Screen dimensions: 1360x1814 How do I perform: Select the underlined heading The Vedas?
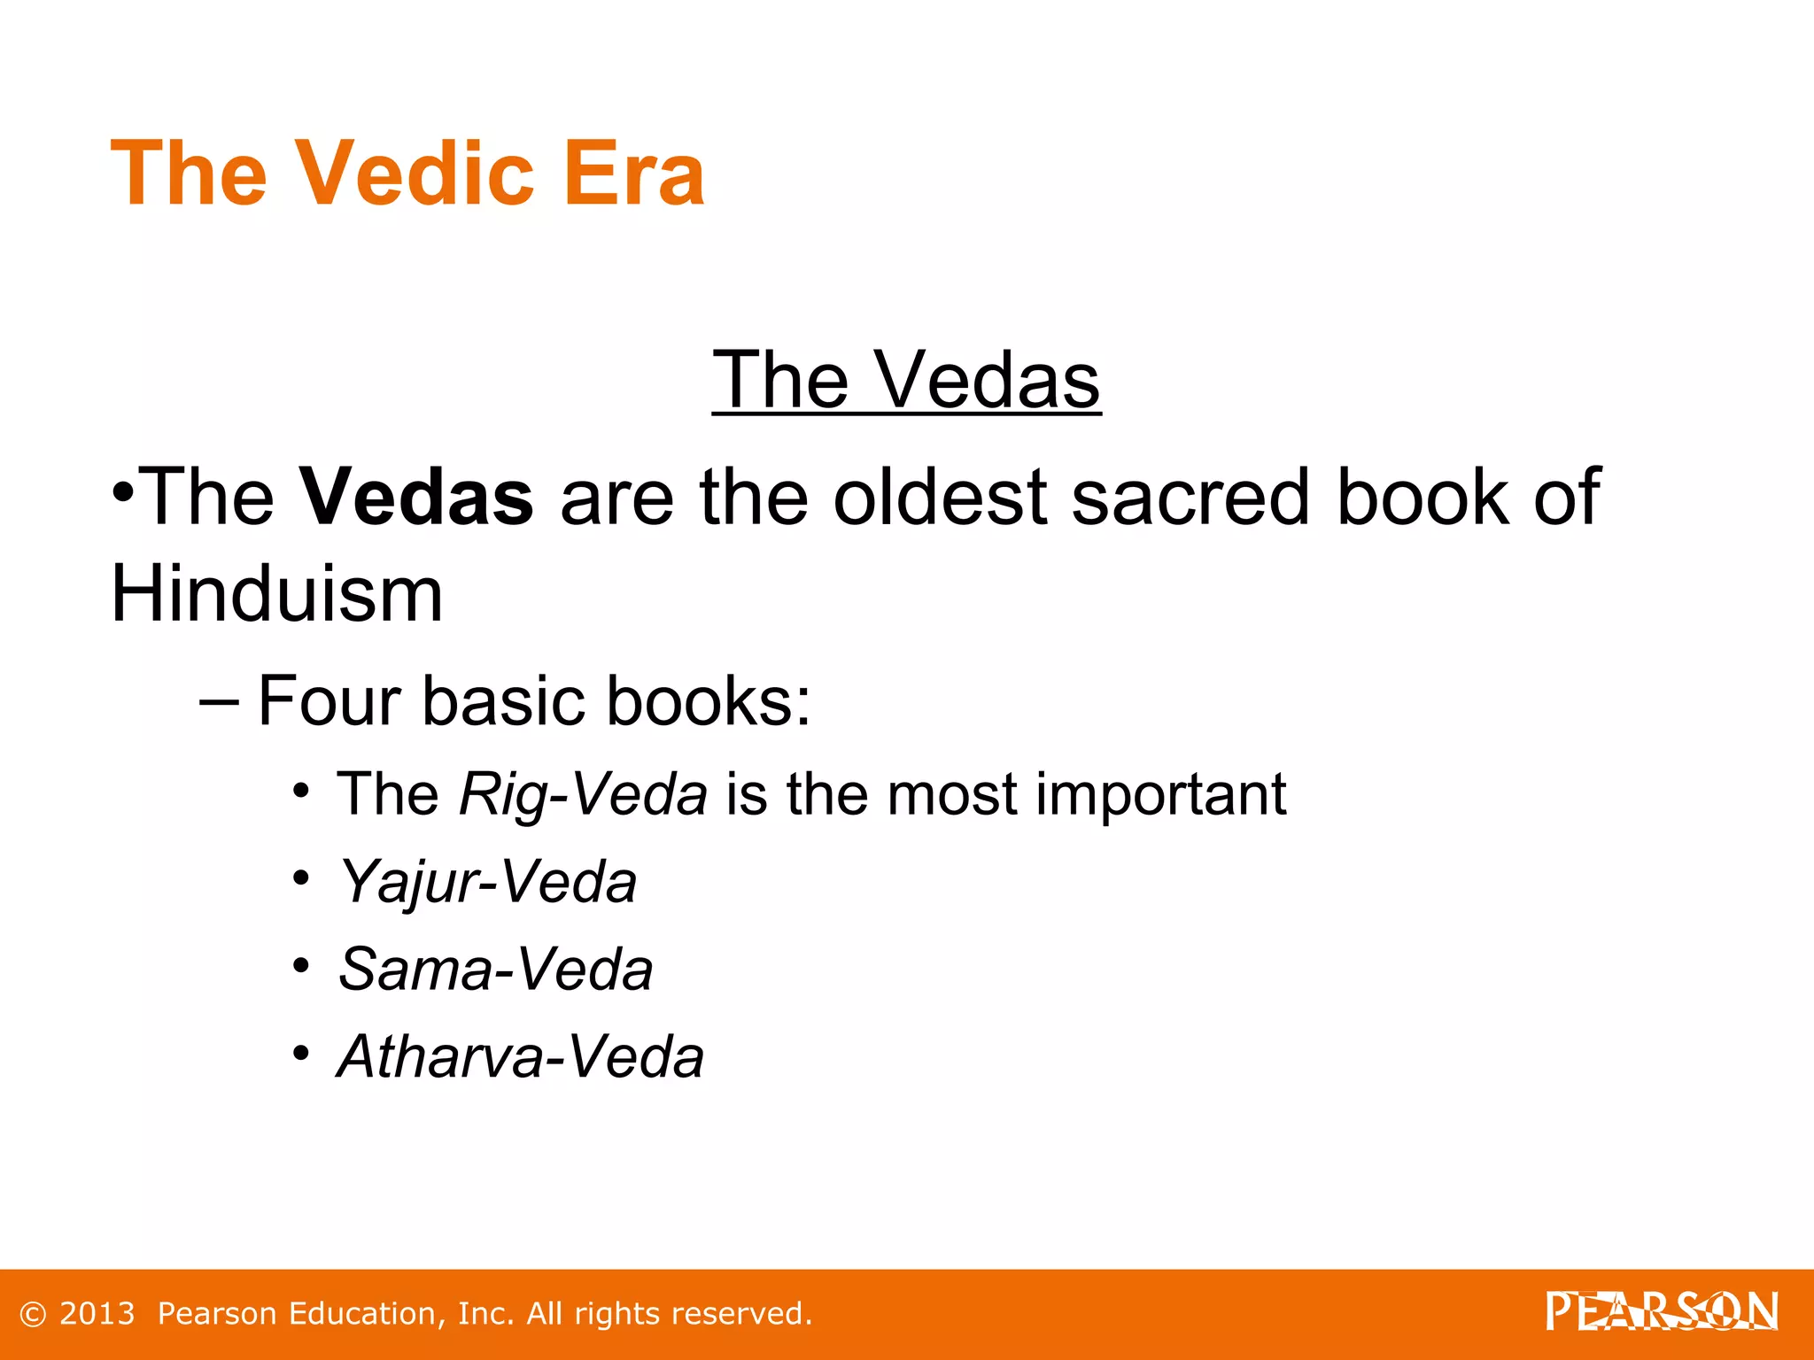(x=905, y=380)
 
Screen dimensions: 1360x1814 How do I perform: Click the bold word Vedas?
(x=416, y=497)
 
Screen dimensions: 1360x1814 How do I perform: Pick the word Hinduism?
(x=276, y=594)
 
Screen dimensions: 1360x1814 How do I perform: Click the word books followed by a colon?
(x=708, y=701)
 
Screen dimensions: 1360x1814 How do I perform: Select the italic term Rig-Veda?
(x=583, y=794)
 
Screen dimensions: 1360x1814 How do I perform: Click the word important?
(x=1160, y=794)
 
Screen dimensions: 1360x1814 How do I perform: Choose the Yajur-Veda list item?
(x=488, y=882)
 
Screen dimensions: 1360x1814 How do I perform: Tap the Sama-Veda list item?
(x=496, y=969)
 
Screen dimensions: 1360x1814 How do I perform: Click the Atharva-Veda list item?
(x=521, y=1056)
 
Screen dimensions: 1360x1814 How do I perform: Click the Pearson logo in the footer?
(x=1662, y=1311)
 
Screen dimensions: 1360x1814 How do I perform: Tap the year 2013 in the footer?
(x=97, y=1314)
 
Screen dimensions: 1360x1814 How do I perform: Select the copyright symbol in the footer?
(x=33, y=1315)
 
